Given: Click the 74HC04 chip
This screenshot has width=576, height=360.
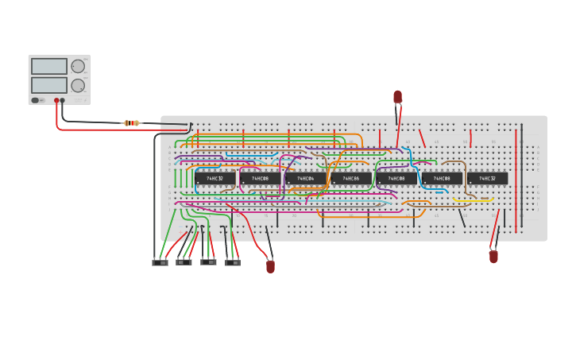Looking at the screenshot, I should (x=306, y=179).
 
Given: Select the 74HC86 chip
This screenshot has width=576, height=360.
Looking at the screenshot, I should (x=351, y=179).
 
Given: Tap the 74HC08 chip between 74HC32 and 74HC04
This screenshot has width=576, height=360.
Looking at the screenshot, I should (x=260, y=179).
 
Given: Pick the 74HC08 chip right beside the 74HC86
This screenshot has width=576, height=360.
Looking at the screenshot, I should (x=396, y=179).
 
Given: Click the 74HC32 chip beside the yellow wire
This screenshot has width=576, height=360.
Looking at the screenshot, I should (x=487, y=179).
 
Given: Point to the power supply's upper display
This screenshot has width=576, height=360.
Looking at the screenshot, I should (x=49, y=67).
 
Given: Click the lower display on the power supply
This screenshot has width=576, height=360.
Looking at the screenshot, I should (x=49, y=85).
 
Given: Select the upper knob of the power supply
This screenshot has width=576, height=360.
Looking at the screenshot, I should (x=78, y=67).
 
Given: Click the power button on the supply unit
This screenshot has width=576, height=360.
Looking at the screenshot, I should (x=36, y=100).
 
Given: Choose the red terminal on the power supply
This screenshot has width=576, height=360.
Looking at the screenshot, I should (x=56, y=101).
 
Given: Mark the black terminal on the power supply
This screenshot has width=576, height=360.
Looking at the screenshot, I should (x=63, y=101).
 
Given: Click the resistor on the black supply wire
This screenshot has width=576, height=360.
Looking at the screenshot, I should (x=132, y=123).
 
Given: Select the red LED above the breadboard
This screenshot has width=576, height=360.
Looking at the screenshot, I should (x=397, y=97).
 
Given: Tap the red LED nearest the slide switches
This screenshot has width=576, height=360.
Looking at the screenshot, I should (x=270, y=266).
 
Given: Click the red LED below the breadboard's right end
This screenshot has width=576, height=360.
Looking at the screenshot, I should (x=493, y=257).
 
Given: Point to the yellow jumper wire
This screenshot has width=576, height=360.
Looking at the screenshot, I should (x=475, y=200).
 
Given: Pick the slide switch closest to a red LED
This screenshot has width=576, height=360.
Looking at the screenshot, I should (x=232, y=262).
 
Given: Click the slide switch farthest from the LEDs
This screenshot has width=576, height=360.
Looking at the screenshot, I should (x=160, y=262).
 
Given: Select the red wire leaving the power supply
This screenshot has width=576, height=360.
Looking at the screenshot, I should (x=57, y=119).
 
